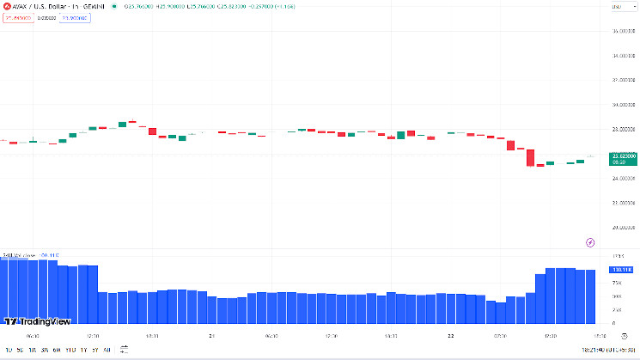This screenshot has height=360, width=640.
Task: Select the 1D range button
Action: (9, 350)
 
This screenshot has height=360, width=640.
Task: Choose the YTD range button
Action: (70, 350)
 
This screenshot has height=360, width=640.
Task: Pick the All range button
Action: (107, 350)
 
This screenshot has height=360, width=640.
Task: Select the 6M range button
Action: (56, 350)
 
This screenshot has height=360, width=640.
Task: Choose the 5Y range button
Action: (94, 350)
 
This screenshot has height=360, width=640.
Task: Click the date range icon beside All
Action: (124, 350)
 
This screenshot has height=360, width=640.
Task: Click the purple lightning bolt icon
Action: (589, 243)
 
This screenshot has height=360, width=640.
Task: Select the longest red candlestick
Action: (530, 157)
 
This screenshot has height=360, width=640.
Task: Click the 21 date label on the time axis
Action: (211, 337)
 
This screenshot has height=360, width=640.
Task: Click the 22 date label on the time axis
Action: (449, 337)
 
